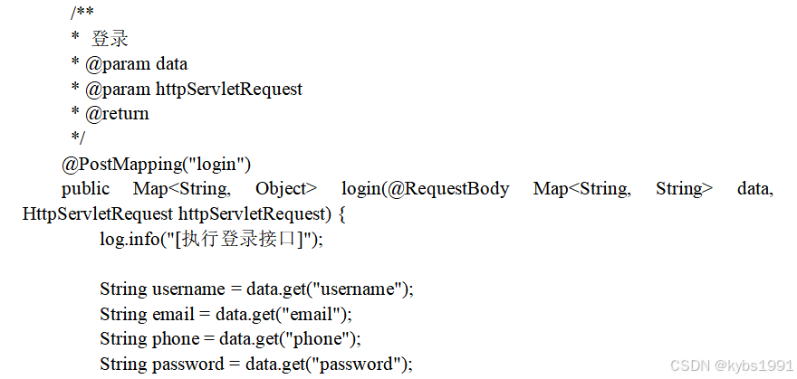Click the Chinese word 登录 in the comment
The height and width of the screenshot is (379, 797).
pyautogui.click(x=110, y=39)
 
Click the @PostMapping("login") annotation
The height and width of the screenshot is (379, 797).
pyautogui.click(x=156, y=164)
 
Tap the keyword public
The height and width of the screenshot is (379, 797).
pyautogui.click(x=85, y=189)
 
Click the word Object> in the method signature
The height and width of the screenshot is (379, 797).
pyautogui.click(x=286, y=189)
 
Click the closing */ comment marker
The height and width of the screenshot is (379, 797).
pyautogui.click(x=77, y=138)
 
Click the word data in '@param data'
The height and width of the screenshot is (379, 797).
pyautogui.click(x=171, y=64)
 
